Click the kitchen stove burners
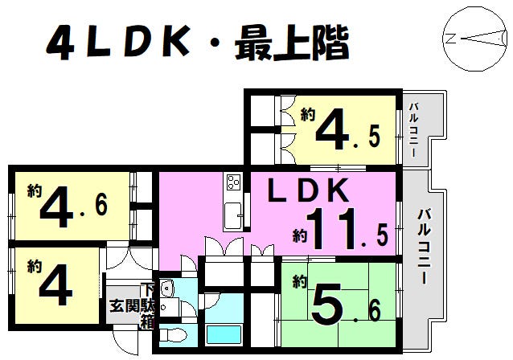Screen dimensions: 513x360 click(x=234, y=182)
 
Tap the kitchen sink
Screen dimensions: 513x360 click(x=233, y=215)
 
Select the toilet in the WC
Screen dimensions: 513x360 click(x=173, y=335)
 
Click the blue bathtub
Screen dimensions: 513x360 click(x=224, y=334)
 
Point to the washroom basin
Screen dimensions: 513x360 click(x=168, y=288)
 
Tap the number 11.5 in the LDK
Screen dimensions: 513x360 click(x=347, y=229)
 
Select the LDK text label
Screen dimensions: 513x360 click(x=308, y=190)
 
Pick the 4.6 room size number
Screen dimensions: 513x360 click(x=74, y=207)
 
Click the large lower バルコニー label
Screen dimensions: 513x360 click(x=424, y=246)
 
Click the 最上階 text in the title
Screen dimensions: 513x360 click(x=292, y=43)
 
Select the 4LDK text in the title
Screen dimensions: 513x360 click(x=118, y=43)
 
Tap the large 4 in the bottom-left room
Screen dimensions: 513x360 click(x=55, y=284)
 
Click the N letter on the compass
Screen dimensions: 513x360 click(x=449, y=39)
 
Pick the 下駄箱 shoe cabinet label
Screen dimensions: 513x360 click(x=147, y=306)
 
